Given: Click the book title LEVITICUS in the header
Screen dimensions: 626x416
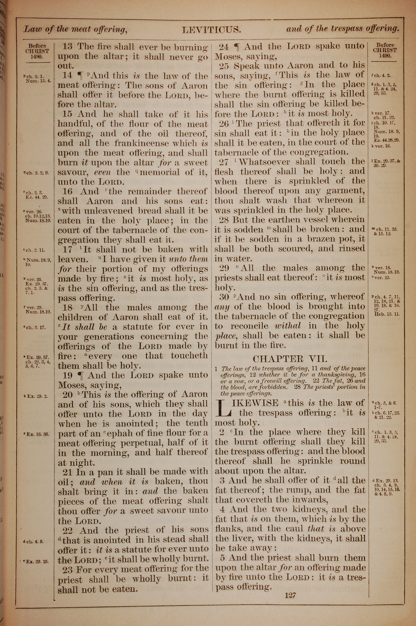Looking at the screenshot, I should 212,30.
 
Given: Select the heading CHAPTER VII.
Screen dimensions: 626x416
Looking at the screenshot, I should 290,359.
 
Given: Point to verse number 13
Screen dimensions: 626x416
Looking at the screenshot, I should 67,47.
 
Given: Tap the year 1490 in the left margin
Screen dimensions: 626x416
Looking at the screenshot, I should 37,56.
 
